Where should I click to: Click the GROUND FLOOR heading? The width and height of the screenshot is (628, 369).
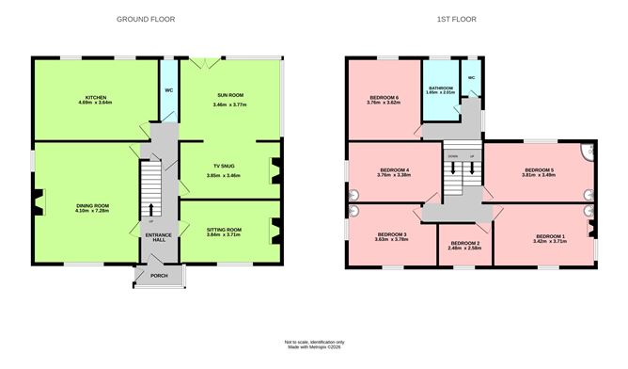146,19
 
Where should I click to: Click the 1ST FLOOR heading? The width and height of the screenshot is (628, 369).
454,19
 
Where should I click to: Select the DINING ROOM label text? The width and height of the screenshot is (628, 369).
93,205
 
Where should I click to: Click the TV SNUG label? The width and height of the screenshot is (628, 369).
223,166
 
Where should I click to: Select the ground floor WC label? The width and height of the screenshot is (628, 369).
168,90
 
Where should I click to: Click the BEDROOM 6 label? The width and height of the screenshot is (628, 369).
385,98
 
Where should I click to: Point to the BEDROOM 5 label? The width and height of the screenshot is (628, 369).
539,169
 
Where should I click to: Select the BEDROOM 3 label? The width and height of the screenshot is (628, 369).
392,234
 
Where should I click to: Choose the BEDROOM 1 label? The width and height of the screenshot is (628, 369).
550,236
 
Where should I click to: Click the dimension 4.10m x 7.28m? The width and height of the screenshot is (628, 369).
93,212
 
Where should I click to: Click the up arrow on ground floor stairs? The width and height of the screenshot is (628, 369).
151,208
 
